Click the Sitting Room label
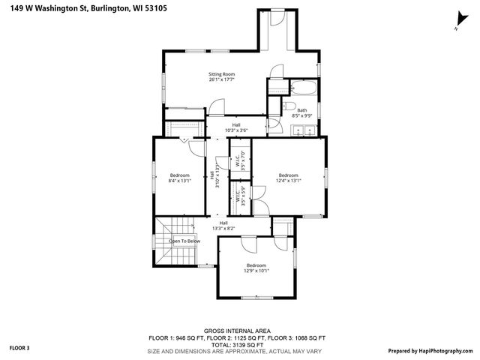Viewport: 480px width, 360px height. point(222,74)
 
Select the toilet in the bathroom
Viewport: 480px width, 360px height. point(276,109)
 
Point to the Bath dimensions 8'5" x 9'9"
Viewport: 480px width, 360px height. point(301,116)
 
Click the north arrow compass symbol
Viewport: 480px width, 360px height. point(457,20)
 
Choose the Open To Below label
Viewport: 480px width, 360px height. point(184,241)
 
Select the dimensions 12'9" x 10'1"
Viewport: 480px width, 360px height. point(256,271)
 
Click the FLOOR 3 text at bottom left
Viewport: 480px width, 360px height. point(19,348)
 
